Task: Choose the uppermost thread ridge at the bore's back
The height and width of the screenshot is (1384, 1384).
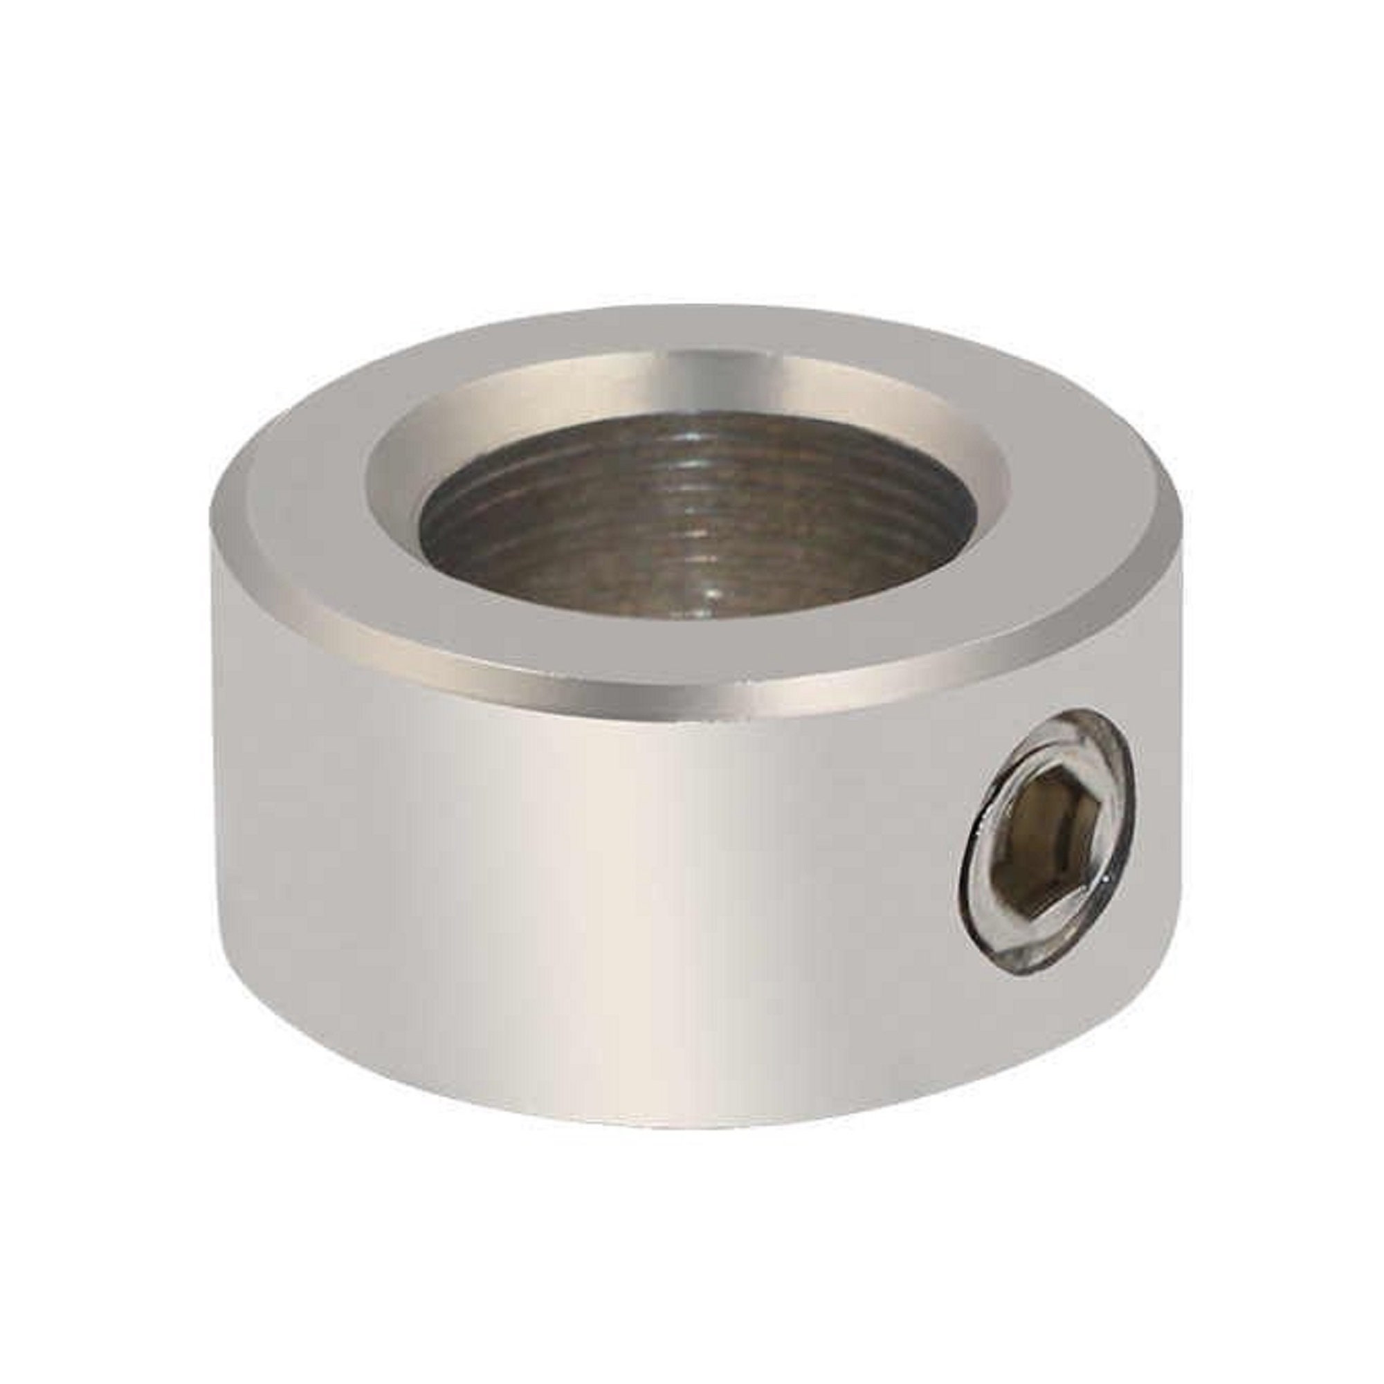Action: [x=698, y=423]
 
